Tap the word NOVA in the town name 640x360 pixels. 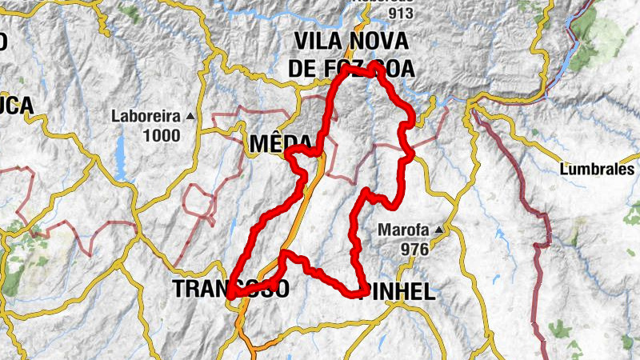pyautogui.click(x=377, y=41)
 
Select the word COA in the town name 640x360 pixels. pyautogui.click(x=394, y=69)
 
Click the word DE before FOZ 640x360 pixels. pyautogui.click(x=302, y=69)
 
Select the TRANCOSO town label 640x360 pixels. pyautogui.click(x=230, y=290)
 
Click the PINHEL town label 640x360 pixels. pyautogui.click(x=399, y=293)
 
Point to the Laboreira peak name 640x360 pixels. pyautogui.click(x=147, y=117)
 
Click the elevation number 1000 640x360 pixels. pyautogui.click(x=162, y=135)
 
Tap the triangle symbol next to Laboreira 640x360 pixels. pyautogui.click(x=190, y=117)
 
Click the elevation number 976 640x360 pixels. pyautogui.click(x=415, y=250)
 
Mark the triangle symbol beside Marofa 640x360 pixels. pyautogui.click(x=438, y=231)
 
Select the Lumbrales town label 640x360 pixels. pyautogui.click(x=597, y=170)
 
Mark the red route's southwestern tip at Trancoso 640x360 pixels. pyautogui.click(x=230, y=296)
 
